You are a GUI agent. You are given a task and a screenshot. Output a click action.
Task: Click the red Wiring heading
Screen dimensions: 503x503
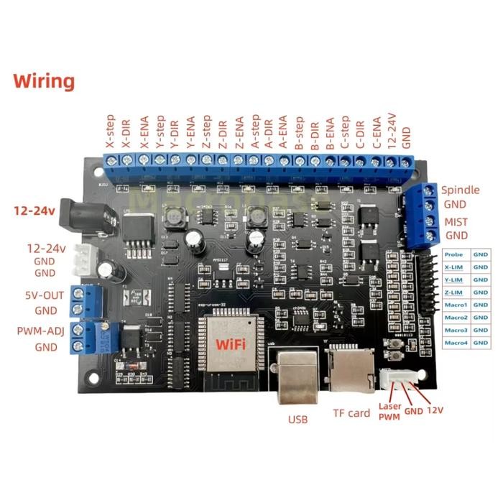[43, 80]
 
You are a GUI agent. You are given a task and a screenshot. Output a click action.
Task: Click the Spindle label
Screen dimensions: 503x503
[459, 190]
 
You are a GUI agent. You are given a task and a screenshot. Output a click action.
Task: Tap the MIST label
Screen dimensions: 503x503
[456, 221]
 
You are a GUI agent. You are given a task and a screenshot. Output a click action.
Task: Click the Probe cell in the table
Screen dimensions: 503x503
[453, 254]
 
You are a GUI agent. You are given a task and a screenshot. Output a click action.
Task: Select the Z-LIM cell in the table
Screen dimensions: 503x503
[453, 292]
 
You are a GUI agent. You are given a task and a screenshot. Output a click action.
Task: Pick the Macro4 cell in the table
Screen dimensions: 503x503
[455, 343]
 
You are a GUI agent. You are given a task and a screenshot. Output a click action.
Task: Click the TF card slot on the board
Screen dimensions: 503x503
[350, 370]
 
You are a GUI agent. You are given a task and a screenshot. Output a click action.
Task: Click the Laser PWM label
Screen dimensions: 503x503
[389, 409]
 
